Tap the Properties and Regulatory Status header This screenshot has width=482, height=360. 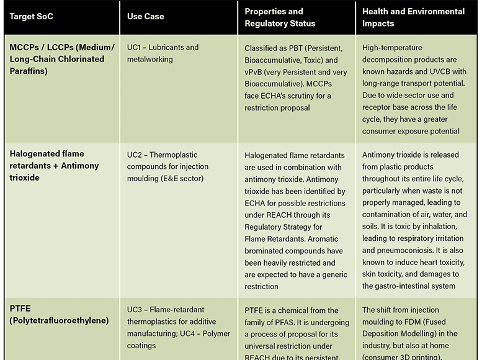tap(280, 17)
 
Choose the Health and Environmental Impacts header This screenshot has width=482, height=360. tap(413, 17)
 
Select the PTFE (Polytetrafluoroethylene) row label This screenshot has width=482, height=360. tap(60, 314)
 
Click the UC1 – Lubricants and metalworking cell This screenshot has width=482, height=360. tap(163, 53)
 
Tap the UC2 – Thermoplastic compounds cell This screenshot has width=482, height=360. tap(167, 166)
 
